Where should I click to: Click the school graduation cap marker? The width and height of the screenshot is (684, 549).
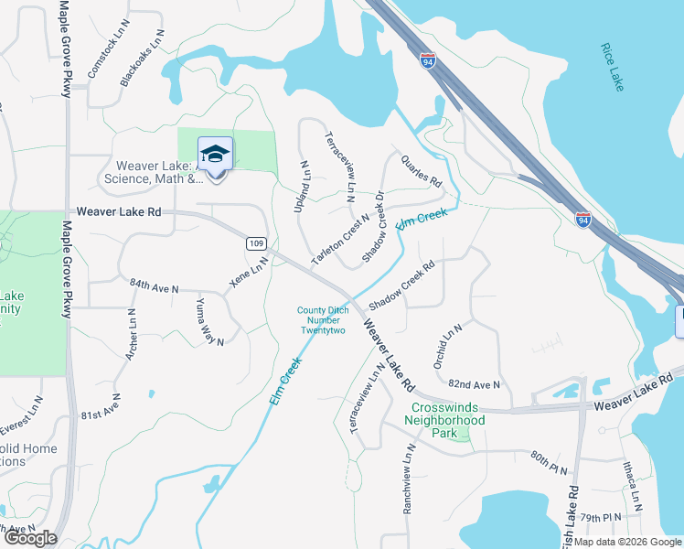point(215,154)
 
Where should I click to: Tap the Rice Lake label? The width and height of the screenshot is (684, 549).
point(613,67)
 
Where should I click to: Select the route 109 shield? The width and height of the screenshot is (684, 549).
point(255,243)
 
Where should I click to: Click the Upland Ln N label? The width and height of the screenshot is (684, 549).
point(301,188)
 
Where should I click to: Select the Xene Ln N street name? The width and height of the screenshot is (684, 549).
point(248,272)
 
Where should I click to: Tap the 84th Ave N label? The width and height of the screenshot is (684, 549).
point(155,287)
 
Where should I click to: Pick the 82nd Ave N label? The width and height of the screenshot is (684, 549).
point(475,385)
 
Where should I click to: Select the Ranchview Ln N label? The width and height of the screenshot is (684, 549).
point(408,479)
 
